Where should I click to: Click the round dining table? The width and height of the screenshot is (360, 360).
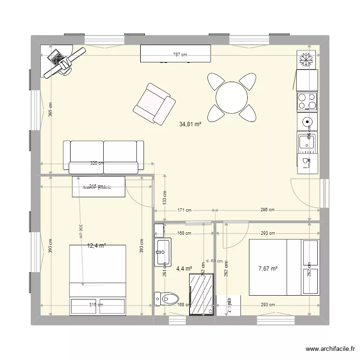click(232, 97)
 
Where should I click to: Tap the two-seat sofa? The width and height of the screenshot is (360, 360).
click(104, 156)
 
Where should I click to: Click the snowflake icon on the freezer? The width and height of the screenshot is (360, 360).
click(307, 59)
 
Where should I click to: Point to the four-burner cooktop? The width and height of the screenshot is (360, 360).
click(307, 101)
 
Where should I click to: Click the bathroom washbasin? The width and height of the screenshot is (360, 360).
click(162, 251)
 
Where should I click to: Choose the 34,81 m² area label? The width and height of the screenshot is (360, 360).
click(190, 124)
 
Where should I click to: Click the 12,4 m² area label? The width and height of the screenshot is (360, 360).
click(96, 246)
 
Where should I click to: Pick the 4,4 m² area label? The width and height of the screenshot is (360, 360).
click(184, 269)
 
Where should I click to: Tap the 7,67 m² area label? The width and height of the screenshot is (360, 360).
click(267, 269)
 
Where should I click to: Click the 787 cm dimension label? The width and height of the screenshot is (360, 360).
click(180, 55)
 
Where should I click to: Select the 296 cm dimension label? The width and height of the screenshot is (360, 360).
click(267, 210)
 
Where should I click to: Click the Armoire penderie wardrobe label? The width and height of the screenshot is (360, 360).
click(96, 187)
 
